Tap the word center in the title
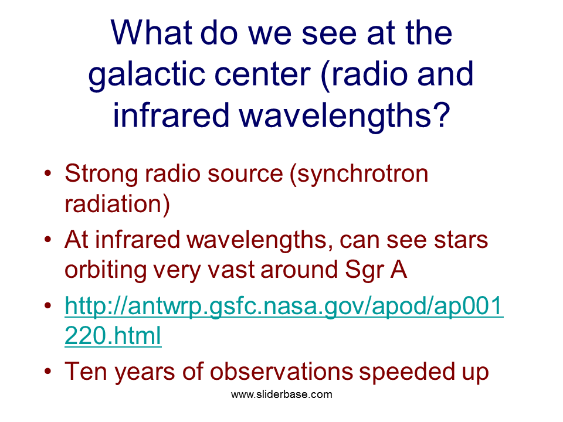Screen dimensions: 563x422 263,74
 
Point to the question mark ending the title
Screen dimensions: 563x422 441,114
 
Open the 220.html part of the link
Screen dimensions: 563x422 113,336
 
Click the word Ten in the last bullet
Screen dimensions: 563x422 86,371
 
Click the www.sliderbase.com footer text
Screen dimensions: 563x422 281,394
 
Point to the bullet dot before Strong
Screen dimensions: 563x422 48,173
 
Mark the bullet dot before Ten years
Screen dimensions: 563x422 48,372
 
